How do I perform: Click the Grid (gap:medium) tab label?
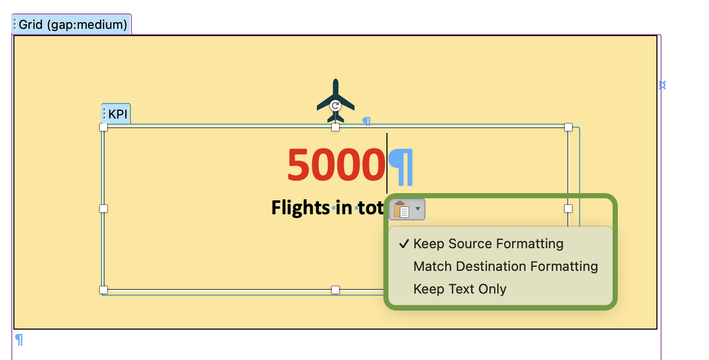tap(73, 24)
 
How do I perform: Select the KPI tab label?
tap(118, 114)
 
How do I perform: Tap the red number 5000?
tap(336, 165)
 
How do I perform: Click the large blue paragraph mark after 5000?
tap(401, 167)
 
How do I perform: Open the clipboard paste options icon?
tap(401, 209)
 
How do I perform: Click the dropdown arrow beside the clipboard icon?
tap(418, 209)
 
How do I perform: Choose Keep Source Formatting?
tap(488, 244)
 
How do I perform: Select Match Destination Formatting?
tap(505, 266)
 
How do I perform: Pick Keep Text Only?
tap(460, 289)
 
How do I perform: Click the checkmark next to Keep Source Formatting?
tap(404, 244)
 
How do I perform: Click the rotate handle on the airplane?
tap(335, 106)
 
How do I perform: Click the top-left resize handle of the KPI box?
tap(104, 127)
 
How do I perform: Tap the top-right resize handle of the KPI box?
tap(568, 127)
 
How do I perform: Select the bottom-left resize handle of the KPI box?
tap(104, 290)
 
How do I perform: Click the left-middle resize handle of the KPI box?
tap(104, 209)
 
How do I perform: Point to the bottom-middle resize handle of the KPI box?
tap(335, 290)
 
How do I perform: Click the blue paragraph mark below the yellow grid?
tap(19, 340)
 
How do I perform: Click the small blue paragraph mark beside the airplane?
tap(366, 122)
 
